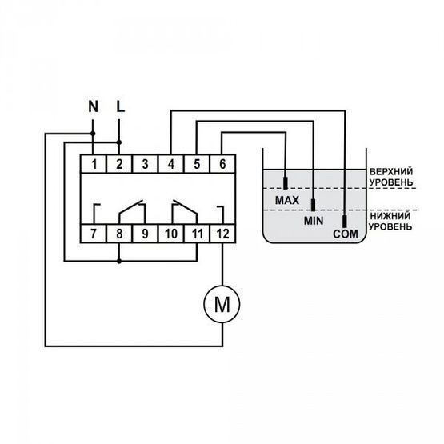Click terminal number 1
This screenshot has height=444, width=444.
tap(94, 164)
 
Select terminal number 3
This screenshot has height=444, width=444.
tap(145, 164)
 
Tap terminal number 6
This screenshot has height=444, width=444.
tap(222, 164)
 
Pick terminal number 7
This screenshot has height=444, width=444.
tap(94, 234)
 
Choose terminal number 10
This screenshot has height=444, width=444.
tap(171, 234)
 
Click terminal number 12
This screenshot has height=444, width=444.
tap(222, 234)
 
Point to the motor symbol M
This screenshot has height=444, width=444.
tap(222, 304)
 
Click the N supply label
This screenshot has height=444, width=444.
tap(93, 106)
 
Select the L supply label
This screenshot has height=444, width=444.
tap(121, 106)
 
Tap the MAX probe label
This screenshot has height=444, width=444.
tap(287, 201)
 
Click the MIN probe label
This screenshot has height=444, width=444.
tap(314, 221)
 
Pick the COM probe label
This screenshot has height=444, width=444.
tap(346, 234)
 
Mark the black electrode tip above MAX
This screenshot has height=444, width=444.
tap(286, 183)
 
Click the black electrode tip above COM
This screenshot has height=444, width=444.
tap(345, 222)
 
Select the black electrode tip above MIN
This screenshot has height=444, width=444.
tap(313, 205)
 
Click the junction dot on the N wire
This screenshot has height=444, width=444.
tap(93, 134)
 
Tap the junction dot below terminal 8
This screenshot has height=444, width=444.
tap(119, 261)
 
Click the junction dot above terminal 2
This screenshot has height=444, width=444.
tap(119, 142)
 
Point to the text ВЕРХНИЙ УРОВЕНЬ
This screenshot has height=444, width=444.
tap(391, 177)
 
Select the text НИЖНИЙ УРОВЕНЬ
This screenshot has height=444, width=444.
tap(390, 221)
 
